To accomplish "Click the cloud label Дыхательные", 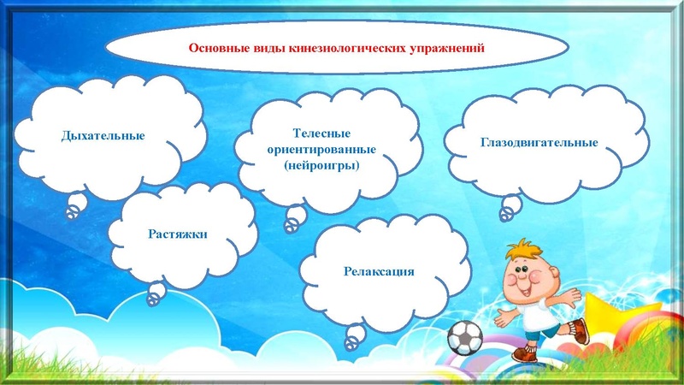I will point(103,135).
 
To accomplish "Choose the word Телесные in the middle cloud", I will point(321,133).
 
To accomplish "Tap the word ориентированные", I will point(321,149).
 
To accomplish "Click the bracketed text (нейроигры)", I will point(321,165).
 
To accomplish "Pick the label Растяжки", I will point(178,233).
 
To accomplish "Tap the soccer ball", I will point(465,338).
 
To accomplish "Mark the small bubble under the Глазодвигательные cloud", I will point(510,204).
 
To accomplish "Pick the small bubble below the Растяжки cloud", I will point(156,296).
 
